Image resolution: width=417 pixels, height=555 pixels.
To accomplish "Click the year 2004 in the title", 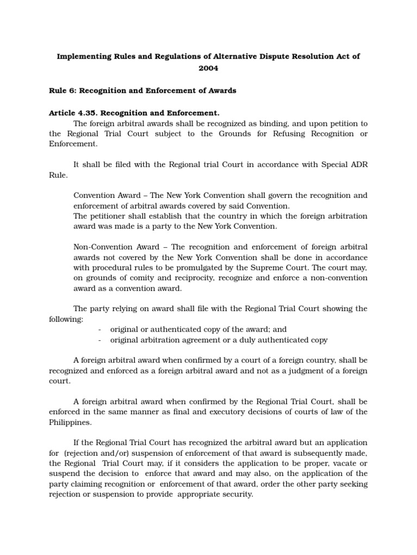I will coord(208,69).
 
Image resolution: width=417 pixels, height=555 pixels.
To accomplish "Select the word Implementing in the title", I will coord(84,56).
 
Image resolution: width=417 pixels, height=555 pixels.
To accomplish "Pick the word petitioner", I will coord(109,216).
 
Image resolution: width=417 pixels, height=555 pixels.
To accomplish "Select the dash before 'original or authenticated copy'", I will coord(100,330).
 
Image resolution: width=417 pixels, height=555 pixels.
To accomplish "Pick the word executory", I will coord(255,412).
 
